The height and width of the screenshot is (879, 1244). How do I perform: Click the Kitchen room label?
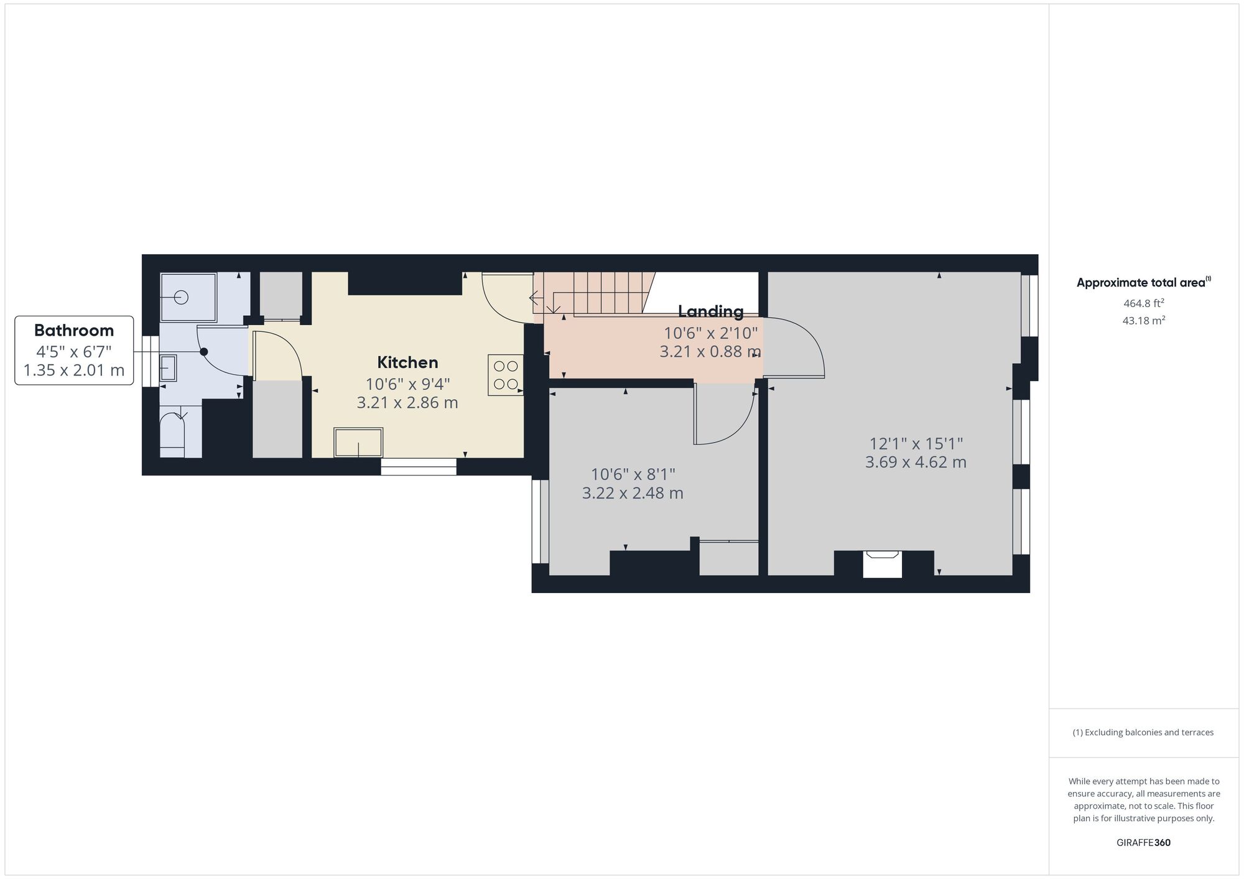click(x=407, y=362)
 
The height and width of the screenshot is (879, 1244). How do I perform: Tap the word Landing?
click(x=710, y=311)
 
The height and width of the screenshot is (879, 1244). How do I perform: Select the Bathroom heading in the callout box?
click(x=74, y=330)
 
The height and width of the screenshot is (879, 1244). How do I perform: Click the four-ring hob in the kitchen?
click(x=506, y=375)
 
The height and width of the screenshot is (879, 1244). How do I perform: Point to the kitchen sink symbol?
click(x=358, y=442)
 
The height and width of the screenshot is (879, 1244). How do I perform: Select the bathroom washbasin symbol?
click(x=167, y=368)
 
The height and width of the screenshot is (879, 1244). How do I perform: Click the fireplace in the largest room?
click(x=882, y=563)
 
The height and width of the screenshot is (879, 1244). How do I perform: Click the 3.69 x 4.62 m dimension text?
click(x=916, y=463)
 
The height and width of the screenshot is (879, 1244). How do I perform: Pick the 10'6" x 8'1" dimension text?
click(x=633, y=475)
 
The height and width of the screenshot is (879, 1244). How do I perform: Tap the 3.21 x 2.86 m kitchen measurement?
click(x=407, y=403)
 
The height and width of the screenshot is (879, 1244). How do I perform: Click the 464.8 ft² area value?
click(x=1143, y=303)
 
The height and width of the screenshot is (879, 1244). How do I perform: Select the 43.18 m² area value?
click(x=1143, y=321)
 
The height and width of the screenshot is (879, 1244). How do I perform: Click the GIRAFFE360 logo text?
click(x=1143, y=843)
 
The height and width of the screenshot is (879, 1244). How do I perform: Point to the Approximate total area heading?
click(x=1141, y=283)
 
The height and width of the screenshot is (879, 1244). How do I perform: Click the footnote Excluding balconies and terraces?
click(x=1143, y=732)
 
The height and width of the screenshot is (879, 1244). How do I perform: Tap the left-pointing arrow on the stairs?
click(x=534, y=298)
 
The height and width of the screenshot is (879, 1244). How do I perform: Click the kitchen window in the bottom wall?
click(x=418, y=467)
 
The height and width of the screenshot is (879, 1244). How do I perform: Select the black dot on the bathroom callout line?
click(x=203, y=352)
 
